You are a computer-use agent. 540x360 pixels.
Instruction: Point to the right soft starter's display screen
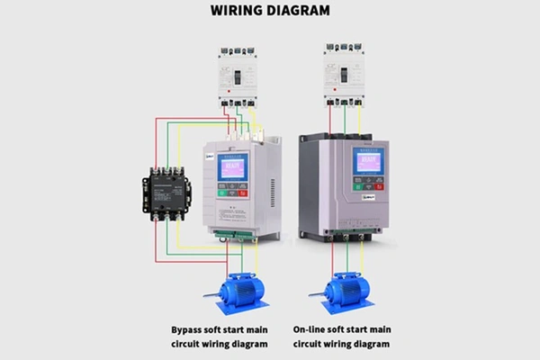click(x=368, y=163)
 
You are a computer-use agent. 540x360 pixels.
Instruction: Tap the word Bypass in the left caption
click(x=190, y=329)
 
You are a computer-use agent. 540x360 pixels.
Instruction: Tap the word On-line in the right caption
click(x=310, y=329)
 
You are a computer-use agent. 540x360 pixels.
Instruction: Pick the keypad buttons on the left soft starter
click(x=232, y=192)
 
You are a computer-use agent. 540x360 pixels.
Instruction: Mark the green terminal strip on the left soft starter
click(x=232, y=236)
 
